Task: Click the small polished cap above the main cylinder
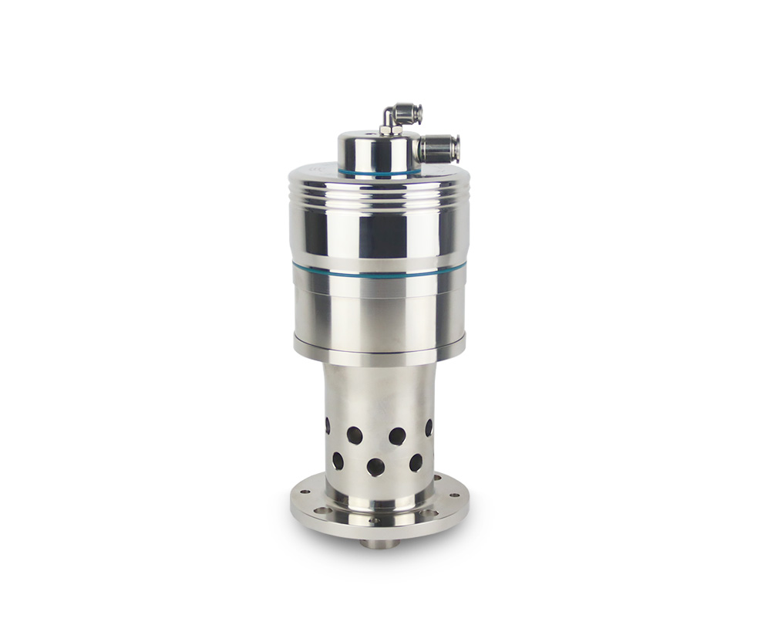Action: click(x=379, y=151)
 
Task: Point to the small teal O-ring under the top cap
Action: click(x=379, y=172)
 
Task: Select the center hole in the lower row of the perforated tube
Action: click(x=375, y=466)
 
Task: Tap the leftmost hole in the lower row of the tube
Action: click(x=338, y=461)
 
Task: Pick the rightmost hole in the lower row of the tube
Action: click(x=416, y=462)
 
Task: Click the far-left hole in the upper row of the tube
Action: click(x=327, y=425)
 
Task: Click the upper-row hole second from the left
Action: click(x=355, y=435)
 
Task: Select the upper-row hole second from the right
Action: click(x=397, y=436)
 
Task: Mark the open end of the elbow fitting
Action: click(x=417, y=113)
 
